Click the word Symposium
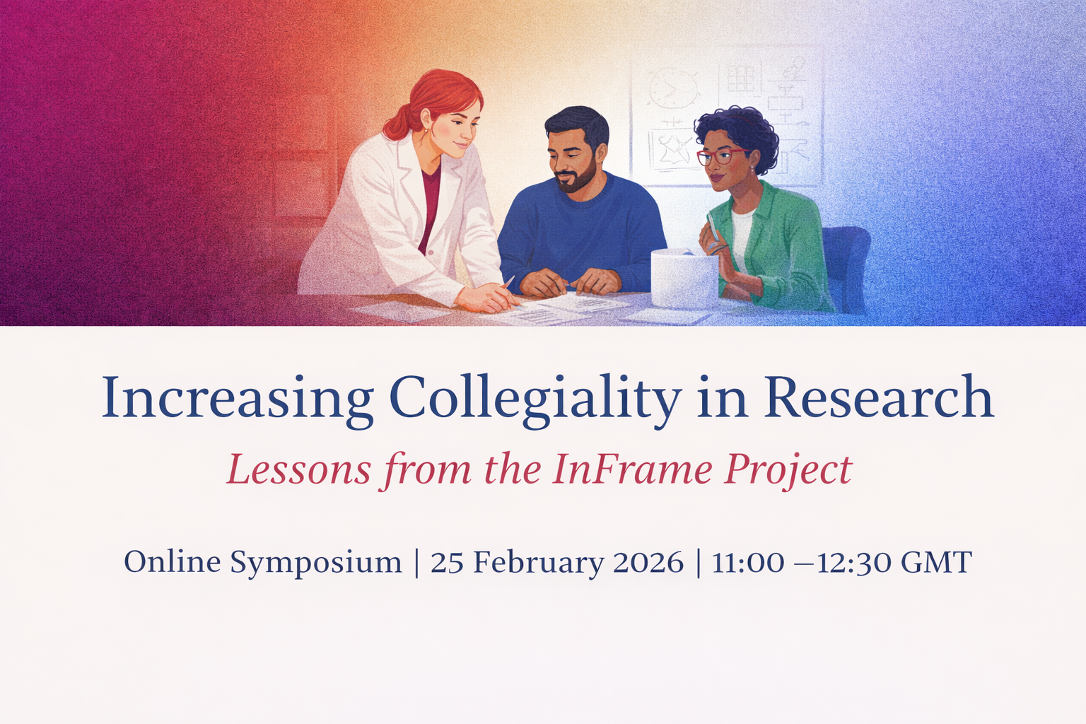[315, 564]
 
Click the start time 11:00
[748, 563]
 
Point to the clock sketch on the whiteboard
[667, 88]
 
